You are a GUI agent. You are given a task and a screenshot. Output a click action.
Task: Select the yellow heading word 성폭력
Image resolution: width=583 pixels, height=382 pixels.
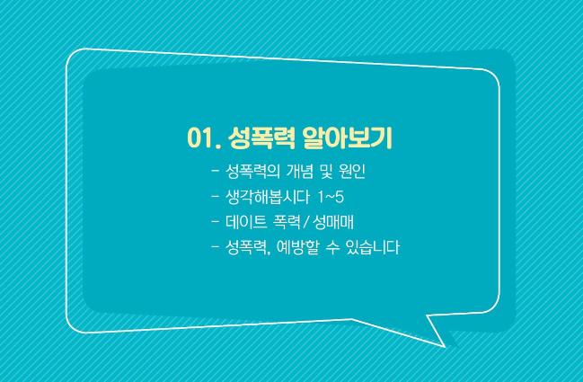point(261,138)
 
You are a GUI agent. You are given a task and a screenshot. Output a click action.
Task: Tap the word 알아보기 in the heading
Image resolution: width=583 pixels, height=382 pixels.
point(348,138)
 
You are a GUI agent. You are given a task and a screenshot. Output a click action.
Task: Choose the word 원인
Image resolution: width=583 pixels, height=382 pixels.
point(352,171)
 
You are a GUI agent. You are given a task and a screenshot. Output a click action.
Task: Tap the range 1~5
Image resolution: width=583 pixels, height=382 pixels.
point(331,197)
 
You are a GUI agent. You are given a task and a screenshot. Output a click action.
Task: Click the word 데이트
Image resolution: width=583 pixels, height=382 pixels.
point(246,222)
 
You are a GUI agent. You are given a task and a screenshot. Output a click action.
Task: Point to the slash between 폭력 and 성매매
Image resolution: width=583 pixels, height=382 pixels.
point(306,222)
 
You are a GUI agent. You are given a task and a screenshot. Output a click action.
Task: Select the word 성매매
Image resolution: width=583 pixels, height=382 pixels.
point(333,222)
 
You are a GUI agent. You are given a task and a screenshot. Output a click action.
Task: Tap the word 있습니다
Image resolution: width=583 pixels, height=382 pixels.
point(373,247)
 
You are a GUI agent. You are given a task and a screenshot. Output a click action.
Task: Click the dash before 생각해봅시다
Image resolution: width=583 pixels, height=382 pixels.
point(215,197)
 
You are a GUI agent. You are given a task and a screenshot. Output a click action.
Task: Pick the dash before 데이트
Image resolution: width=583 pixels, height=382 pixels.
point(215,222)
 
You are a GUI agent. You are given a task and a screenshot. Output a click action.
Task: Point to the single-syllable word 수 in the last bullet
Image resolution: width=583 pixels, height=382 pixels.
point(332,247)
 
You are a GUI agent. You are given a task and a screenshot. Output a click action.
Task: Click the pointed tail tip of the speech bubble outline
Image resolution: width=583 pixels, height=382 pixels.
point(445,347)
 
